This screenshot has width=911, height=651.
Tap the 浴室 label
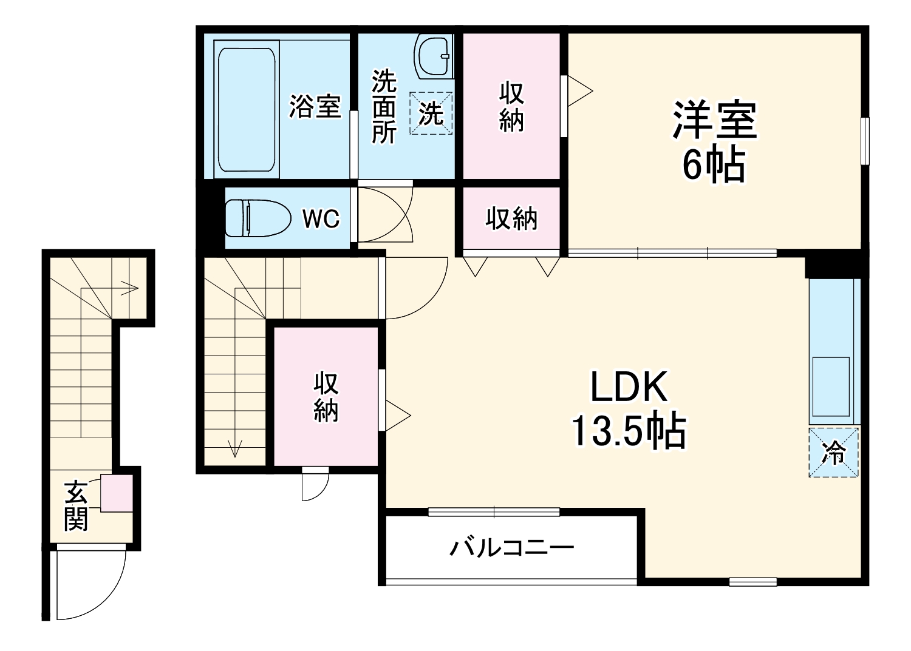click(x=315, y=107)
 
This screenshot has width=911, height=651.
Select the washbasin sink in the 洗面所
click(x=434, y=56)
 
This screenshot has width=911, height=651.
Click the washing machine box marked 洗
click(x=431, y=113)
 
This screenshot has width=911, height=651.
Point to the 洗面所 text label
click(x=383, y=107)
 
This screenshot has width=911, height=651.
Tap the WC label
click(x=321, y=218)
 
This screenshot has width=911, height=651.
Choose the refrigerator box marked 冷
click(x=833, y=453)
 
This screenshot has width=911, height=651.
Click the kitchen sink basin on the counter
click(x=831, y=386)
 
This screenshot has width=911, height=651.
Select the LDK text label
click(x=629, y=386)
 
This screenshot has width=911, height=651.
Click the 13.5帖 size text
click(x=629, y=431)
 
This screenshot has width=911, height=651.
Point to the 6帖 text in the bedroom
click(x=714, y=164)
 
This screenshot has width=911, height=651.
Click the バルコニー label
click(x=511, y=548)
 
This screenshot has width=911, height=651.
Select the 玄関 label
click(x=76, y=505)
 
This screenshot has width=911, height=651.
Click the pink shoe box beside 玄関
click(x=116, y=493)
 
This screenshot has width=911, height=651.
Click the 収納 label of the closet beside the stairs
click(x=326, y=397)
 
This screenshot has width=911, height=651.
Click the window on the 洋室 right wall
click(x=865, y=141)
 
